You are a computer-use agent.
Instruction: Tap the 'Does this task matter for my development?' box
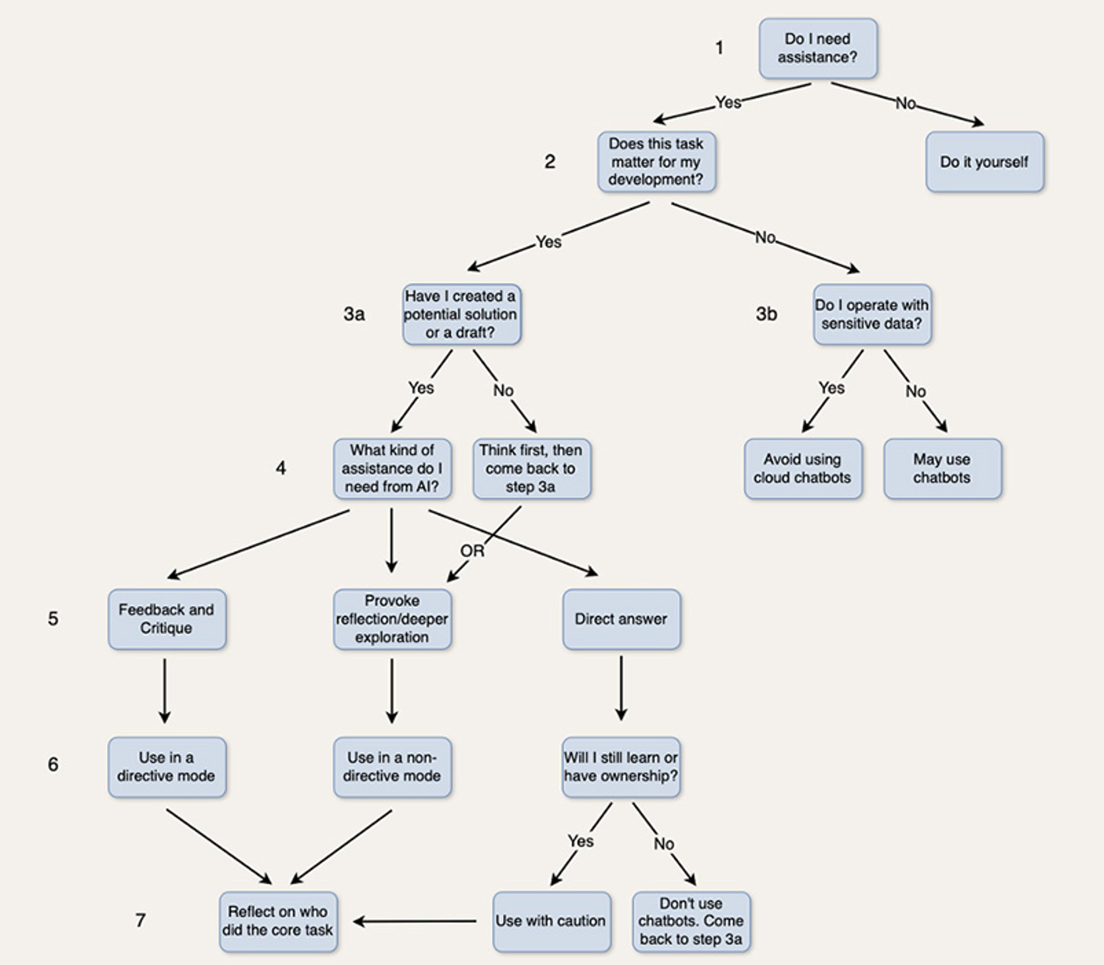point(656,162)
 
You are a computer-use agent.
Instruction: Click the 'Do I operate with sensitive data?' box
point(872,314)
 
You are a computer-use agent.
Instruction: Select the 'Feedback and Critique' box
point(166,619)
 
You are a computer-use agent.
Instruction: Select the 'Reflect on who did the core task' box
point(278,921)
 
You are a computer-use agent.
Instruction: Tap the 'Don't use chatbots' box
point(691,921)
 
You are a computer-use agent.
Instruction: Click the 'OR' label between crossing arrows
point(472,551)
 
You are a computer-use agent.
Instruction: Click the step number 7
point(140,920)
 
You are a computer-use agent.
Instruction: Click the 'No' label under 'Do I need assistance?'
point(905,103)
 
